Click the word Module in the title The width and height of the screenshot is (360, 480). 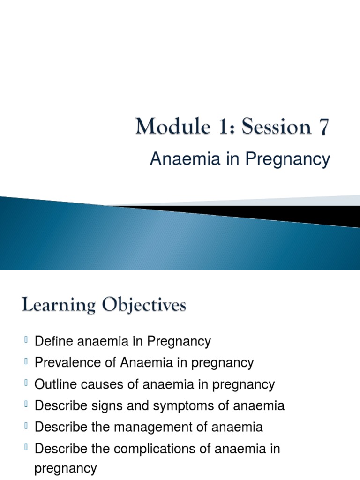(173, 126)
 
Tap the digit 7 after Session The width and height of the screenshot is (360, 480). (324, 127)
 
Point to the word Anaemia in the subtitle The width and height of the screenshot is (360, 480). (185, 159)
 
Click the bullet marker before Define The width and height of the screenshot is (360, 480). (26, 339)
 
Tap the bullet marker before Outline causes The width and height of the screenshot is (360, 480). (26, 382)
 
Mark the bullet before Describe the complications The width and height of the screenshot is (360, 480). (26, 447)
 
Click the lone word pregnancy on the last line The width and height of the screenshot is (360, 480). (66, 469)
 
